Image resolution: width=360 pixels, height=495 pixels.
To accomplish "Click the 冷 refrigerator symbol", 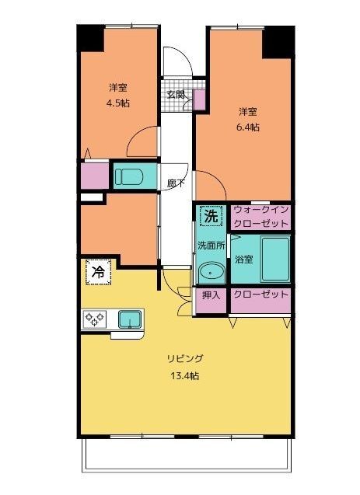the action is (x=99, y=272).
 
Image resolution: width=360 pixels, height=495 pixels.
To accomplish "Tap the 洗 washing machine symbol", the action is (x=211, y=216).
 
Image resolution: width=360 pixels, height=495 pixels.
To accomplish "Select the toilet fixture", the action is (x=129, y=177).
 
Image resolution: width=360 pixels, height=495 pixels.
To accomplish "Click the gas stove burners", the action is (x=94, y=319).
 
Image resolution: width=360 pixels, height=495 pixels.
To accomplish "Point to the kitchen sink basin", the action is (x=130, y=319).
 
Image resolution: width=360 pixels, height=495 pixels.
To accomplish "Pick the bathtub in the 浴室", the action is (x=276, y=260).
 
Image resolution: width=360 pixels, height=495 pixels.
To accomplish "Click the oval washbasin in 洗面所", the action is (x=211, y=271).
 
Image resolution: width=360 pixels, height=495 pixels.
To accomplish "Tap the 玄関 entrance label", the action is (x=176, y=94).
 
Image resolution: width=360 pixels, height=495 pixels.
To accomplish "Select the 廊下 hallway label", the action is (x=176, y=184).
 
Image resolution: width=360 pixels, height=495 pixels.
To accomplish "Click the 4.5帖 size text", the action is (x=117, y=103).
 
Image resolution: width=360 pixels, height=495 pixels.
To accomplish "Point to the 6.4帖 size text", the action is (x=248, y=127).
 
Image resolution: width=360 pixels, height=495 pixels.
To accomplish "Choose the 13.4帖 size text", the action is (x=185, y=376).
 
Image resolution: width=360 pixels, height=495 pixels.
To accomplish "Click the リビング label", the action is (x=185, y=359).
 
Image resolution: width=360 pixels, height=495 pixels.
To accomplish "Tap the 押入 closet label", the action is (x=211, y=295).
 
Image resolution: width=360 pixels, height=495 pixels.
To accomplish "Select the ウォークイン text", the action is (x=260, y=210).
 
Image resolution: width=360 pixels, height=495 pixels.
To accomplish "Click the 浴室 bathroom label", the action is (x=244, y=260).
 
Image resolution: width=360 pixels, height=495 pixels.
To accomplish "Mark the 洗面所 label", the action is (x=211, y=246).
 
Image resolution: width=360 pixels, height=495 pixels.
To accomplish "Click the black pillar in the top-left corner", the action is (x=91, y=39).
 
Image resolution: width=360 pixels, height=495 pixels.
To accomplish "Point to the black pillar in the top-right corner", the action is (x=278, y=42).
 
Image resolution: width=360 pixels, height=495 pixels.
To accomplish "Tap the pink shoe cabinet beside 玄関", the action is (x=199, y=99).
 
